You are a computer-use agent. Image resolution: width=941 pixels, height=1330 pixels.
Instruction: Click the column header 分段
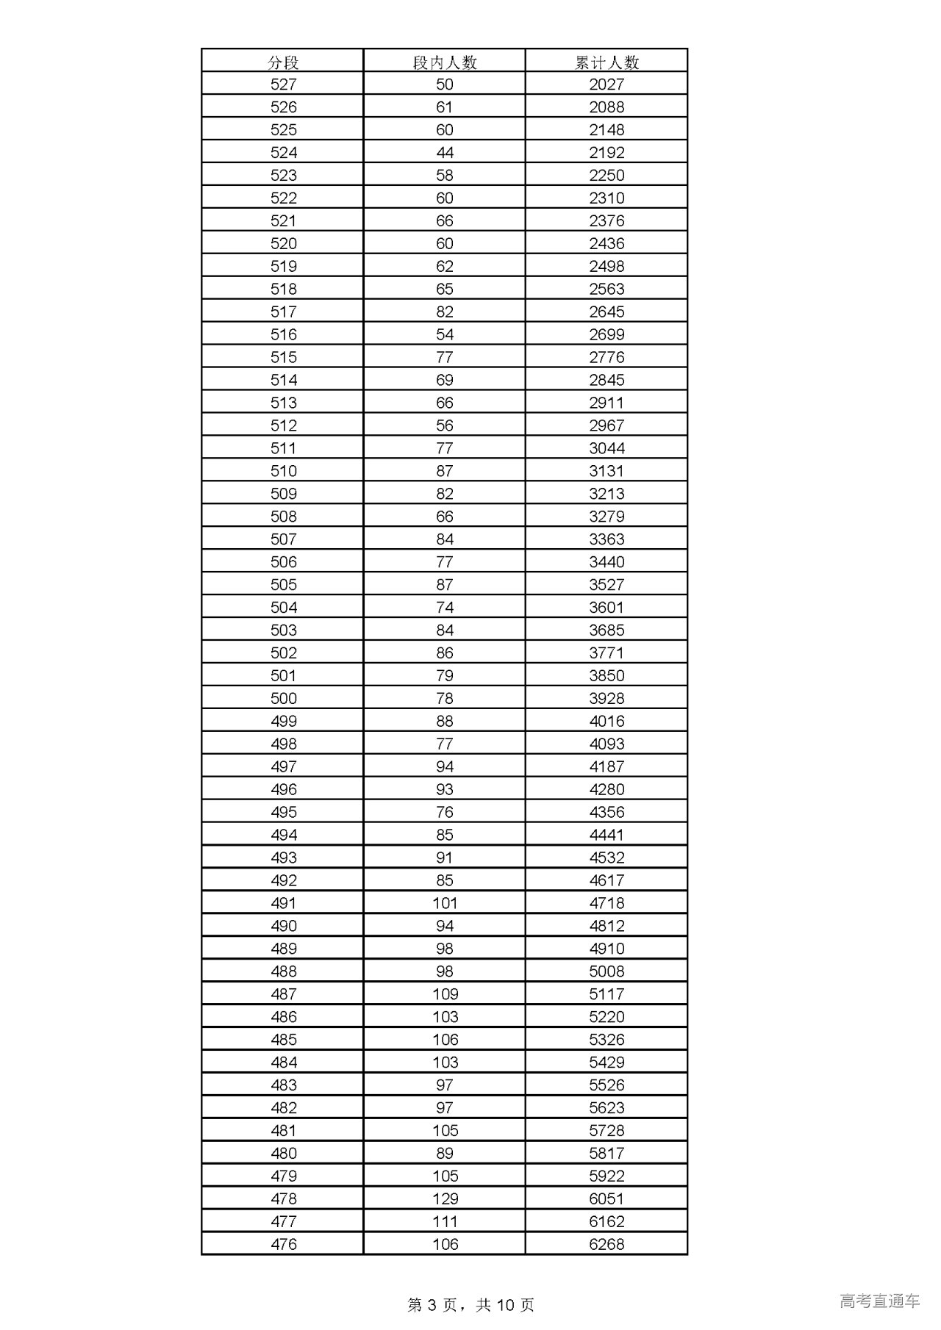click(283, 62)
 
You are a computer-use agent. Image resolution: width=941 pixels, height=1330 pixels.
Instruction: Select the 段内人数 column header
click(445, 62)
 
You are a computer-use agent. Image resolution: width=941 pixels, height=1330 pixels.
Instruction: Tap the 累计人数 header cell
click(607, 62)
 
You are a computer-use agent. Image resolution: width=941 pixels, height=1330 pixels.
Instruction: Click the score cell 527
click(283, 85)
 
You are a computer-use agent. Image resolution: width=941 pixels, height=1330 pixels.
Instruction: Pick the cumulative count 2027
click(607, 85)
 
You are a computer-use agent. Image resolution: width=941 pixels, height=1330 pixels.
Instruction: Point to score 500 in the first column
click(283, 698)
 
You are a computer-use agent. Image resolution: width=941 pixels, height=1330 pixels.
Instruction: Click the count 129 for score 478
click(445, 1198)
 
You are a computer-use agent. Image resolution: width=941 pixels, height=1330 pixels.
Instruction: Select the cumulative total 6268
click(607, 1244)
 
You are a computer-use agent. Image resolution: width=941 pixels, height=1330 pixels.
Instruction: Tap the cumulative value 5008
click(607, 971)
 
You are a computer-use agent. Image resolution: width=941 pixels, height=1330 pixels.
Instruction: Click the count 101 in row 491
click(445, 903)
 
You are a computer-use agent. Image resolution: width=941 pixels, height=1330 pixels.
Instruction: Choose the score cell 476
click(283, 1244)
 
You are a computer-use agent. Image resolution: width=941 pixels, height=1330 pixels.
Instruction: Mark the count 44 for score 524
click(445, 153)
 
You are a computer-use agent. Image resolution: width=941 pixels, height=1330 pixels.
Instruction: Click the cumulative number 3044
click(607, 448)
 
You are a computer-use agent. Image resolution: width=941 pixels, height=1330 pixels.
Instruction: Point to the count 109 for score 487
click(445, 994)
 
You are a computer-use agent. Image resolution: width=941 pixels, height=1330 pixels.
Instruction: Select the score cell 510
click(283, 471)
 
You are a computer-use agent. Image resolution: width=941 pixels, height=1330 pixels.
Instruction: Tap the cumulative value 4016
click(607, 721)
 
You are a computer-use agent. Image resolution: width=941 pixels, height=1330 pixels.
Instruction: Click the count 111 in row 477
click(445, 1221)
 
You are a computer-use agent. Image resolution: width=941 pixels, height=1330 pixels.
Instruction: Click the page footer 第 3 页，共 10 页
click(470, 1304)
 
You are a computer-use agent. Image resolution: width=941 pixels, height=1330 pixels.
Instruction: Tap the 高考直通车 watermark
click(879, 1301)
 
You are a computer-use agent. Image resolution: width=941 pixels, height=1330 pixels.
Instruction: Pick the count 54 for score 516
click(445, 334)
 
